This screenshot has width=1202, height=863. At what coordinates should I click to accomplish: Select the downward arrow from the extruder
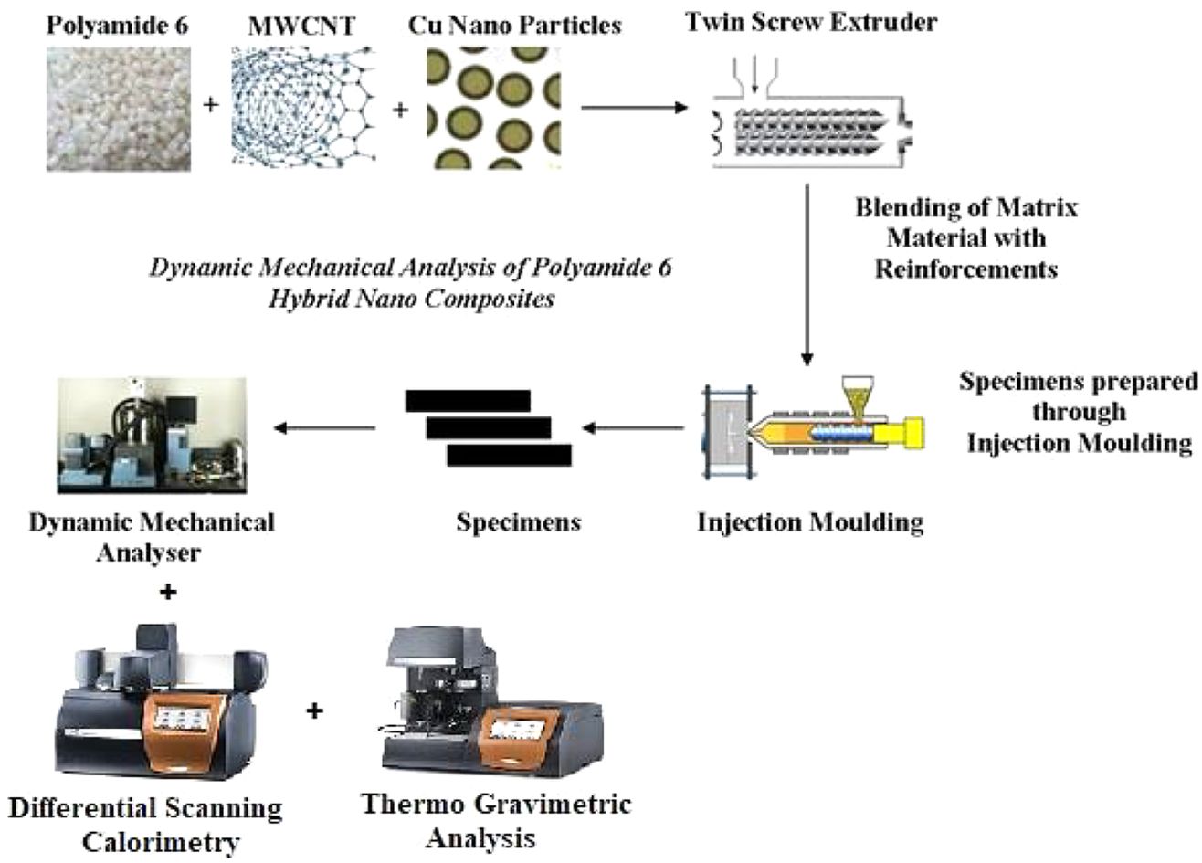[807, 274]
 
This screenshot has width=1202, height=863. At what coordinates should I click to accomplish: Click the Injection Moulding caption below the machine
[810, 523]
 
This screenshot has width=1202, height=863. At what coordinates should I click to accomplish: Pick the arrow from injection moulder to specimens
[634, 426]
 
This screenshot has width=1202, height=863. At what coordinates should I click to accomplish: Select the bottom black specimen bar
[509, 455]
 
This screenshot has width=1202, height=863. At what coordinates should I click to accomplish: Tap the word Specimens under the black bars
[518, 523]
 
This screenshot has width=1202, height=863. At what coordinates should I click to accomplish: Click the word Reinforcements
[966, 269]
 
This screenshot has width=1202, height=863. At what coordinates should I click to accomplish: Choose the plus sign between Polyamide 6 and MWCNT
[211, 105]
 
